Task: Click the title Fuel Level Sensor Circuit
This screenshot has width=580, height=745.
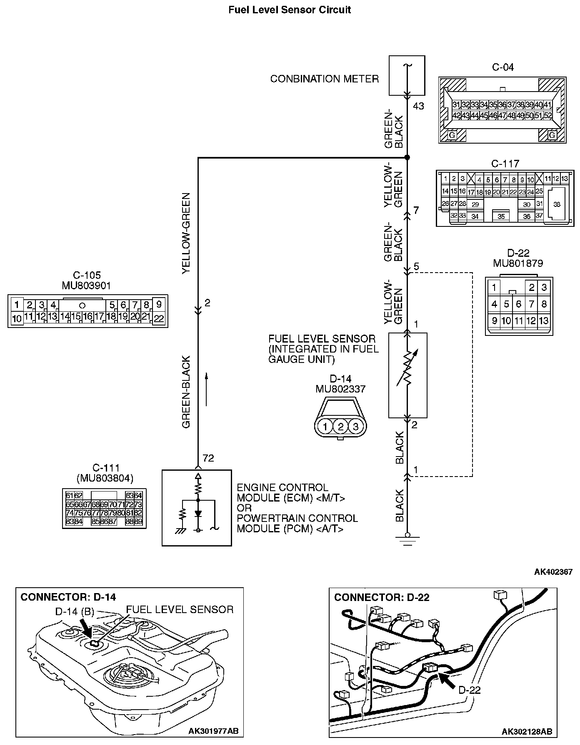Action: coord(290,10)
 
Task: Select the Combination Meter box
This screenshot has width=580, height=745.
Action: coord(407,76)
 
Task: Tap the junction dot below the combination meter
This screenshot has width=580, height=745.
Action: coord(407,158)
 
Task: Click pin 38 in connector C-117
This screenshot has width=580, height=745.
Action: coord(557,204)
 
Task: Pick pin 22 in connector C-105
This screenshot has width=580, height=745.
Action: coord(159,319)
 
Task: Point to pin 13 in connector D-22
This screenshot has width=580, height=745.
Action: coord(544,321)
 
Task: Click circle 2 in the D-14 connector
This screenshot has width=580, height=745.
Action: coord(340,427)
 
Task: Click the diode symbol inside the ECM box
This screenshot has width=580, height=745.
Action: coord(198,514)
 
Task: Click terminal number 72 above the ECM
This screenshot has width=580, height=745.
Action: coord(208,458)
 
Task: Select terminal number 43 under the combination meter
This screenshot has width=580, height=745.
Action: coord(418,106)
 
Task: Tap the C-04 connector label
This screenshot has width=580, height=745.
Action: coord(503,67)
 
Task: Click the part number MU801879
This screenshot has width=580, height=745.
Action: coord(518,263)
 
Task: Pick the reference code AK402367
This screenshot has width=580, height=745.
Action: coord(553,572)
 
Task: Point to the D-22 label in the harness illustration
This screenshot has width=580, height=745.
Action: coord(469,690)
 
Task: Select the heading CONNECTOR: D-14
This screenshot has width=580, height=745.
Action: coord(68,597)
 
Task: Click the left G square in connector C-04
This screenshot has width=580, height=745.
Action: coord(452,135)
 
